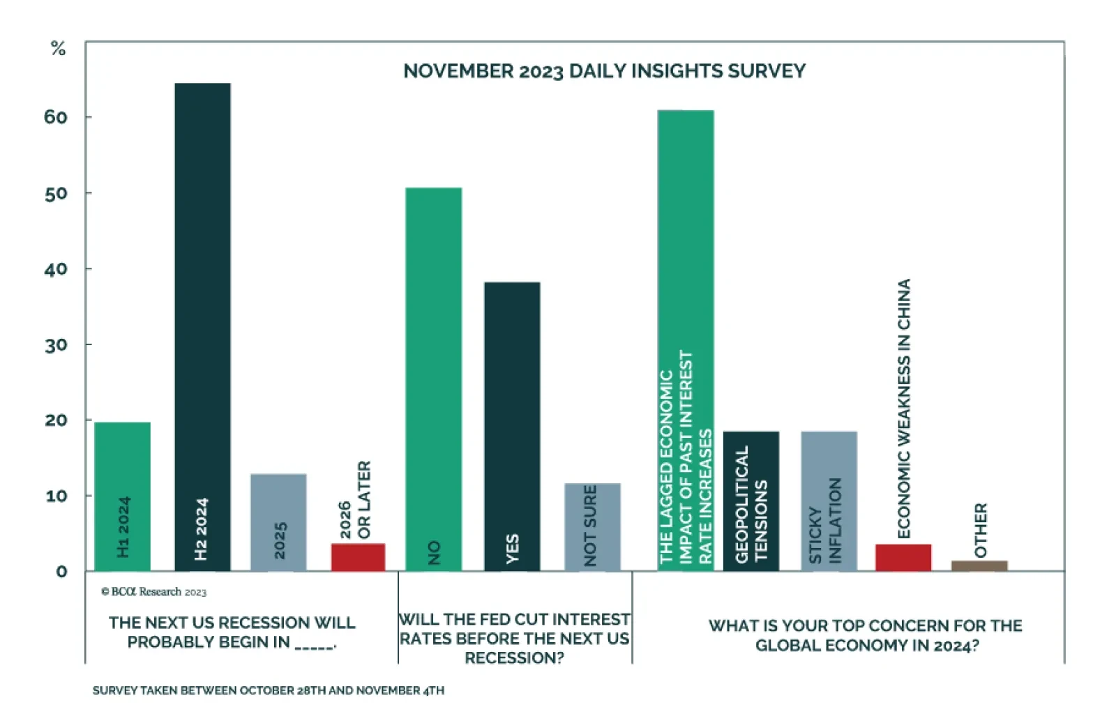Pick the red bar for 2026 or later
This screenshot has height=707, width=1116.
(358, 557)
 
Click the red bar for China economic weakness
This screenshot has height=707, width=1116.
(903, 557)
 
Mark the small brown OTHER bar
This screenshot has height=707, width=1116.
(979, 565)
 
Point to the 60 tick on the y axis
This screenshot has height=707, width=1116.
(56, 117)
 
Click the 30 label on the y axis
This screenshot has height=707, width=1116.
(56, 345)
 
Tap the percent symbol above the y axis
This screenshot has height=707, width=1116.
(58, 49)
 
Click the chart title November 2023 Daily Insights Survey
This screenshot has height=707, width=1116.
(604, 71)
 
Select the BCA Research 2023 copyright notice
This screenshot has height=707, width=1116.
(154, 592)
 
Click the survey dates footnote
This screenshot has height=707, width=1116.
(269, 690)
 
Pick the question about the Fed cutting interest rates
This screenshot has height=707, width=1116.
(515, 639)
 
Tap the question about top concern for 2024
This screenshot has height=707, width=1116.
(866, 635)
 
